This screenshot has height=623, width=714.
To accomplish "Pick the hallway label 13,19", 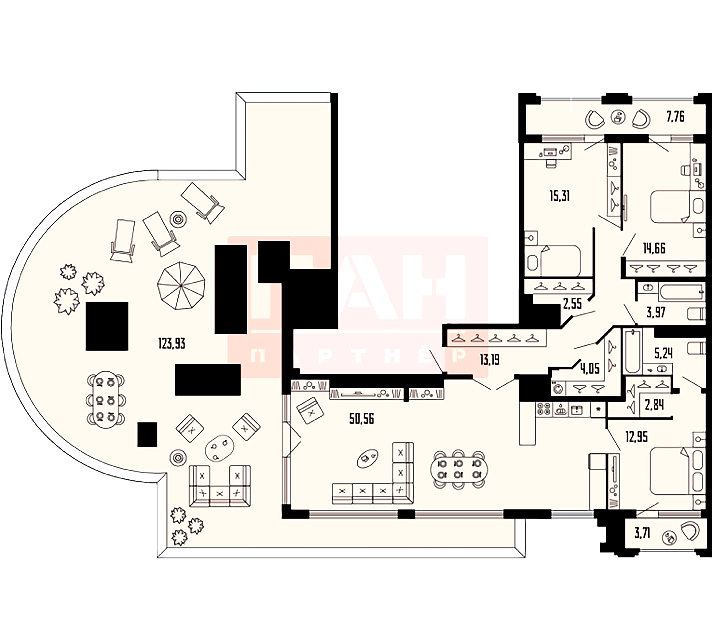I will click(490, 360).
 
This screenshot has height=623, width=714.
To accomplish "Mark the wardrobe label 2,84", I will click(654, 405).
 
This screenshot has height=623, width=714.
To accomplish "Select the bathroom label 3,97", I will click(656, 312).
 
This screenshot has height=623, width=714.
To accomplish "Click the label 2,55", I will click(572, 304).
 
